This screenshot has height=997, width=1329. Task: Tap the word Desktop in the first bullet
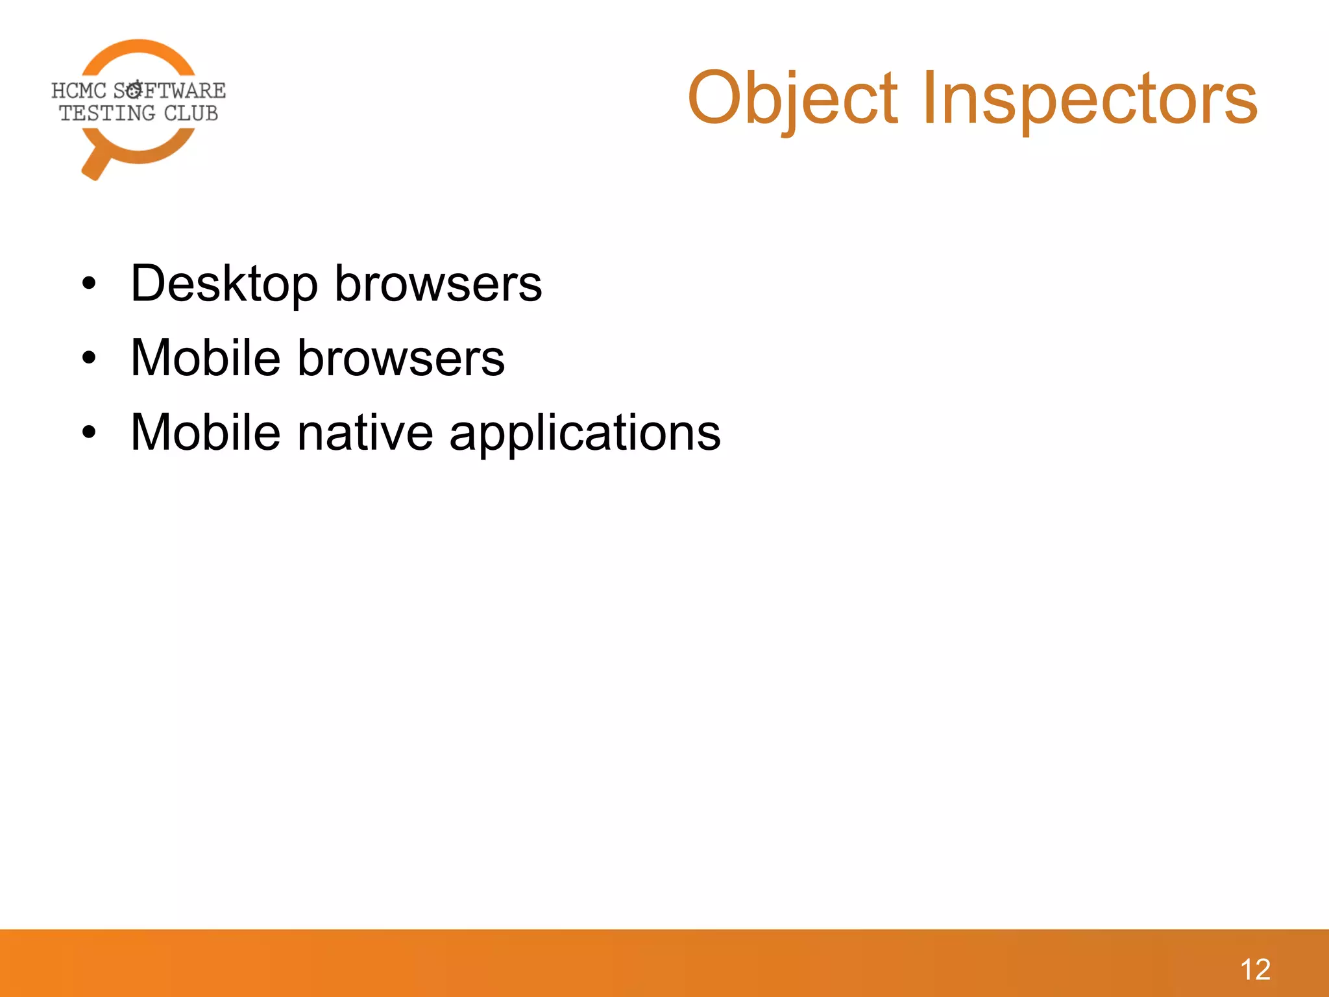click(224, 284)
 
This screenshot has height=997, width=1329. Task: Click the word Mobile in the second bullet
click(205, 358)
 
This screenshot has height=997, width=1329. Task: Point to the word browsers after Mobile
click(400, 358)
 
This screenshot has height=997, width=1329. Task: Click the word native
click(365, 432)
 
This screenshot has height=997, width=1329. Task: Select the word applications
click(585, 434)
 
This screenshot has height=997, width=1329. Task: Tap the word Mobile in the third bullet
click(205, 432)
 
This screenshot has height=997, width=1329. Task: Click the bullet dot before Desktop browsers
click(89, 284)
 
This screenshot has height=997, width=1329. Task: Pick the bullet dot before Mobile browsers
click(89, 358)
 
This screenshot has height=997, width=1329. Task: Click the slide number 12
click(1255, 970)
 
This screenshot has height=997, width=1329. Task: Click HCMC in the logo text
click(79, 90)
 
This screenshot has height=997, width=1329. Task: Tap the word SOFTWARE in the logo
click(170, 90)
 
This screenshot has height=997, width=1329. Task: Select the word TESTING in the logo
click(107, 114)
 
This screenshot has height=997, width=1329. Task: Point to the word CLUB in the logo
click(191, 114)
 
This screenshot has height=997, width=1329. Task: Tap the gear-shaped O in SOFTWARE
click(134, 90)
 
